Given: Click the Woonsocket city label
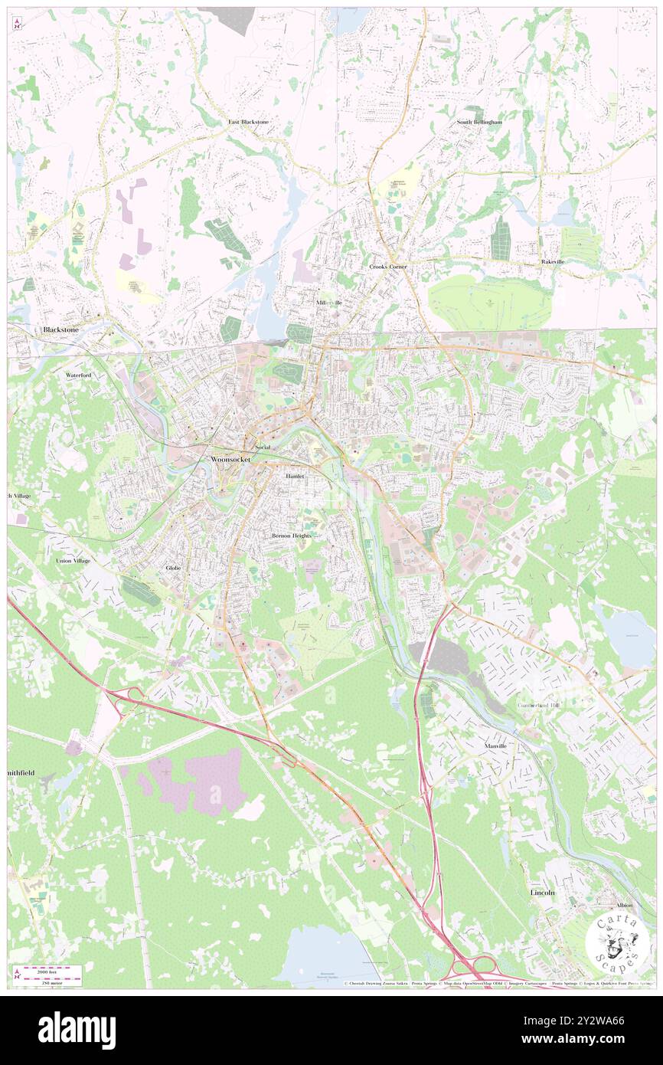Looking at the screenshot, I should point(229,459).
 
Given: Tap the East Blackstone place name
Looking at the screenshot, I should point(248,122).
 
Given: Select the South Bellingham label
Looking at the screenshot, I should point(479,122).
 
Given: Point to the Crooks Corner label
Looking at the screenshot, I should point(387,266).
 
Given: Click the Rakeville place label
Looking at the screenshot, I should point(553,262).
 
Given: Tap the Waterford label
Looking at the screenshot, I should point(78,375).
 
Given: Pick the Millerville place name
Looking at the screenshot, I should point(329,303).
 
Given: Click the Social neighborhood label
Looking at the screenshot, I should point(262,447).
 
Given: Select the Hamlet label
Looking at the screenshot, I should point(295,476).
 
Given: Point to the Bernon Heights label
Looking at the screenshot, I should point(292,535).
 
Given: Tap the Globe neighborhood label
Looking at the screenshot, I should point(173,568).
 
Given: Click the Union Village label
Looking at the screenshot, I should point(73,561).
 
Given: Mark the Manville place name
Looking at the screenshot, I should point(496,745).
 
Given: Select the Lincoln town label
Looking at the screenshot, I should point(542,893).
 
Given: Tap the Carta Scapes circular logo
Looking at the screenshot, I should point(616,939).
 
